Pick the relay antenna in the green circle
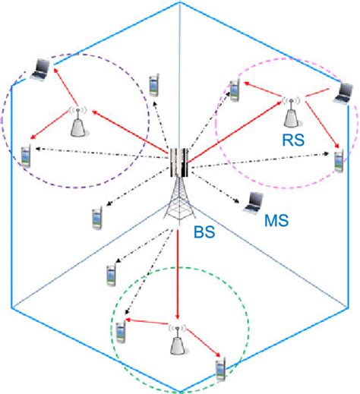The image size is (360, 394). (x=177, y=343)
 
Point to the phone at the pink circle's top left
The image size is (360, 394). (x=235, y=90)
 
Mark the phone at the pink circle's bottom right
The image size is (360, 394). (x=337, y=162)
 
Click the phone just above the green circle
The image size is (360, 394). (x=111, y=277)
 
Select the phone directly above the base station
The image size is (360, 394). (x=154, y=84)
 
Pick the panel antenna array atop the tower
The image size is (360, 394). (x=178, y=162)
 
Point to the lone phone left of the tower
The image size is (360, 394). (x=97, y=217)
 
